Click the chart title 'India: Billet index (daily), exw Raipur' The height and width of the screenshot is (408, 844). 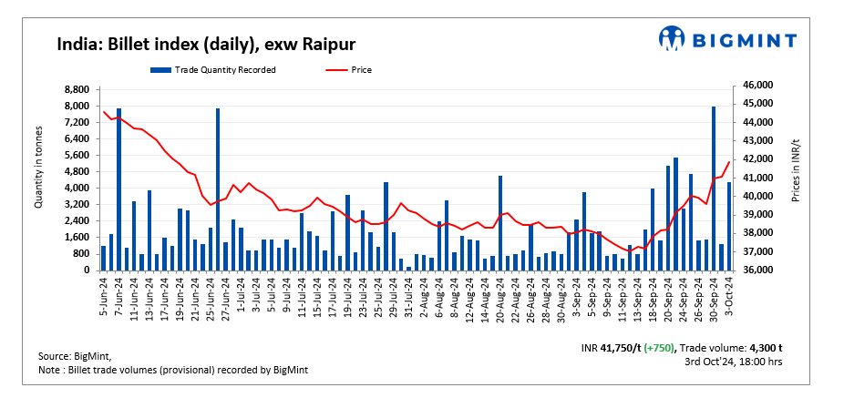click(205, 44)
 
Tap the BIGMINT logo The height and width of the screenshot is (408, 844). click(727, 39)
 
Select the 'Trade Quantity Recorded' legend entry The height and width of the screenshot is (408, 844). click(213, 69)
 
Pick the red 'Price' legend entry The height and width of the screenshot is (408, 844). click(351, 69)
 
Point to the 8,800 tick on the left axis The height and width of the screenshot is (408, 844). click(77, 89)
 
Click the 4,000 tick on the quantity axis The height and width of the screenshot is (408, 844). click(77, 189)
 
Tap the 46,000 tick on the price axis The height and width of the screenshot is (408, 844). click(758, 85)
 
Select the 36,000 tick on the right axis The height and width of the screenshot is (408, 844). click(758, 270)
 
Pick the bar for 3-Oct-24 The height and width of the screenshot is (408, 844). click(728, 227)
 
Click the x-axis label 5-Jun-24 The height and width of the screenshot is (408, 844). click(104, 291)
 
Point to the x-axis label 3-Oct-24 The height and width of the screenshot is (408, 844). click(729, 291)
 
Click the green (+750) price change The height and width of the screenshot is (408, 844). click(658, 349)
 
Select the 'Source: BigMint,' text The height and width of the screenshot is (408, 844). click(80, 355)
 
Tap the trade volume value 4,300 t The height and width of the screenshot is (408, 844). click(766, 349)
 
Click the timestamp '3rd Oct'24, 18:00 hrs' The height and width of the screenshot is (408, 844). click(733, 362)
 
